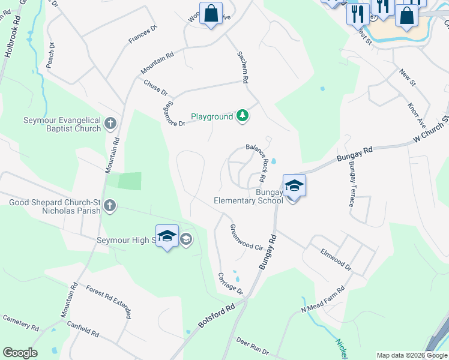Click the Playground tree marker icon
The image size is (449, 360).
(x=243, y=116)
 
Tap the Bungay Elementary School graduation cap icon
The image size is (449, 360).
(x=294, y=185)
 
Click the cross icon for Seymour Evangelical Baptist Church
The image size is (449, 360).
(x=110, y=124)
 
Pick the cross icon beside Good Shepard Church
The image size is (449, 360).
(x=109, y=206)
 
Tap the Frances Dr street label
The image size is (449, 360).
(x=142, y=34)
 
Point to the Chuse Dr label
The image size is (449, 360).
(x=155, y=88)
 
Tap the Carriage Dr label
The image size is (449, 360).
(x=230, y=283)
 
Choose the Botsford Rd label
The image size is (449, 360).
(x=217, y=319)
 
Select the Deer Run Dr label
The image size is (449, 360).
(x=252, y=346)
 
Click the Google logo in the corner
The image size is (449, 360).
(x=20, y=353)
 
